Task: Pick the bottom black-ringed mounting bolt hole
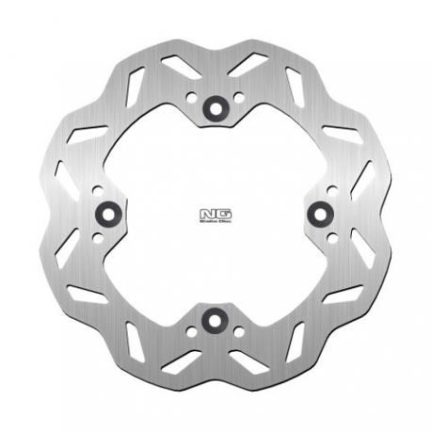[215, 321]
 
